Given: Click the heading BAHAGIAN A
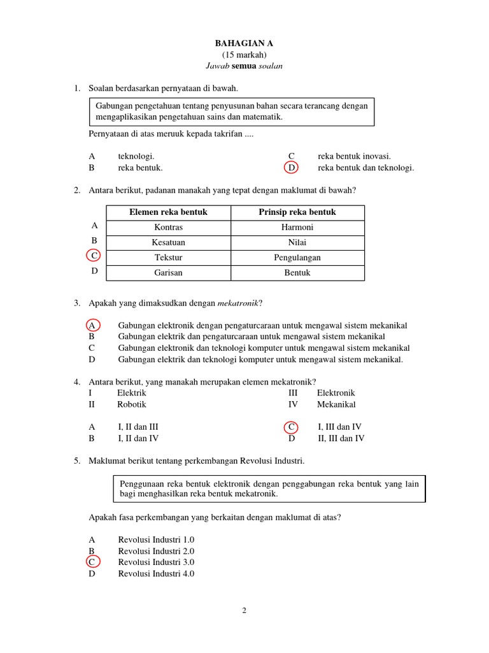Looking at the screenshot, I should (245, 43).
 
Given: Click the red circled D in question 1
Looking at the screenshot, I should (291, 168).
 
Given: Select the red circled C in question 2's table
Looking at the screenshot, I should (94, 256).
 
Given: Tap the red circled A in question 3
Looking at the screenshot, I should (93, 325).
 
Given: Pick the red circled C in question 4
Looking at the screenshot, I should (291, 427).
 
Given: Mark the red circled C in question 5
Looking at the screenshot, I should (93, 562).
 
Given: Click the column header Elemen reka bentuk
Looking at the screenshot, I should (168, 212).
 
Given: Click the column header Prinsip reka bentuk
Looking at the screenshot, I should (297, 212).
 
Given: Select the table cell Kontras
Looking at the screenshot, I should (168, 228).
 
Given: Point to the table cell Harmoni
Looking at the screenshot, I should (297, 228).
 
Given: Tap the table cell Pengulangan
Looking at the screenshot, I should (297, 258).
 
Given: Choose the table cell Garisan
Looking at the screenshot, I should (168, 273).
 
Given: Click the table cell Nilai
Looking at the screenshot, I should (297, 242).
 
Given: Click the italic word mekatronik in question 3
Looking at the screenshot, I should (237, 303).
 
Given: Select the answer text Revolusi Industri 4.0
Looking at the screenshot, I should (156, 573).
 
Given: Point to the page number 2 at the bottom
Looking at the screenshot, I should (244, 610).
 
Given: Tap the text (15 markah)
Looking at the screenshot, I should (244, 55).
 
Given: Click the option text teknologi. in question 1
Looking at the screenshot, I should (136, 156).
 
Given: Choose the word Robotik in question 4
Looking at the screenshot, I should (132, 404).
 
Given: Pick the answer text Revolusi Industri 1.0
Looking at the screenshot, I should (156, 539).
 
